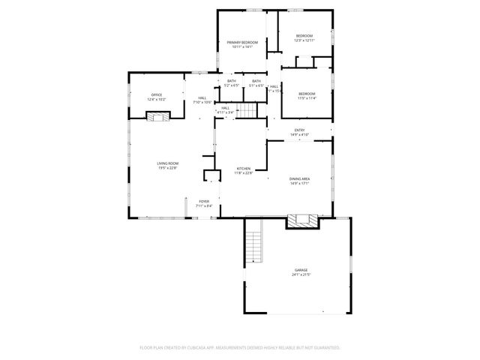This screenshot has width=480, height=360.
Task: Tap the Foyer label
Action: tap(204, 202)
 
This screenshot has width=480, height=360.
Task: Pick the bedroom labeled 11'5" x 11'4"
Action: tap(307, 95)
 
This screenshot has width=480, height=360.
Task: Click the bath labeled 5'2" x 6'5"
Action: tap(232, 83)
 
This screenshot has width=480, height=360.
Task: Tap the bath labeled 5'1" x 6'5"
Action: tap(256, 83)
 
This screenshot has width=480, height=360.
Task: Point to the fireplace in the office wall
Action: tap(157, 115)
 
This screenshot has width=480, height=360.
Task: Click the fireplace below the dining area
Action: tap(302, 220)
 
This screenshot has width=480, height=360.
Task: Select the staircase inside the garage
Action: tap(256, 245)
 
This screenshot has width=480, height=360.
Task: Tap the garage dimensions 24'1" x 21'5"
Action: tap(301, 275)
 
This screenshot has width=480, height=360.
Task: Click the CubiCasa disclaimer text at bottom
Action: tap(240, 347)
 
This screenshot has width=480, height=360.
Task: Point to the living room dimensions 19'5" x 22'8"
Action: tap(167, 168)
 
